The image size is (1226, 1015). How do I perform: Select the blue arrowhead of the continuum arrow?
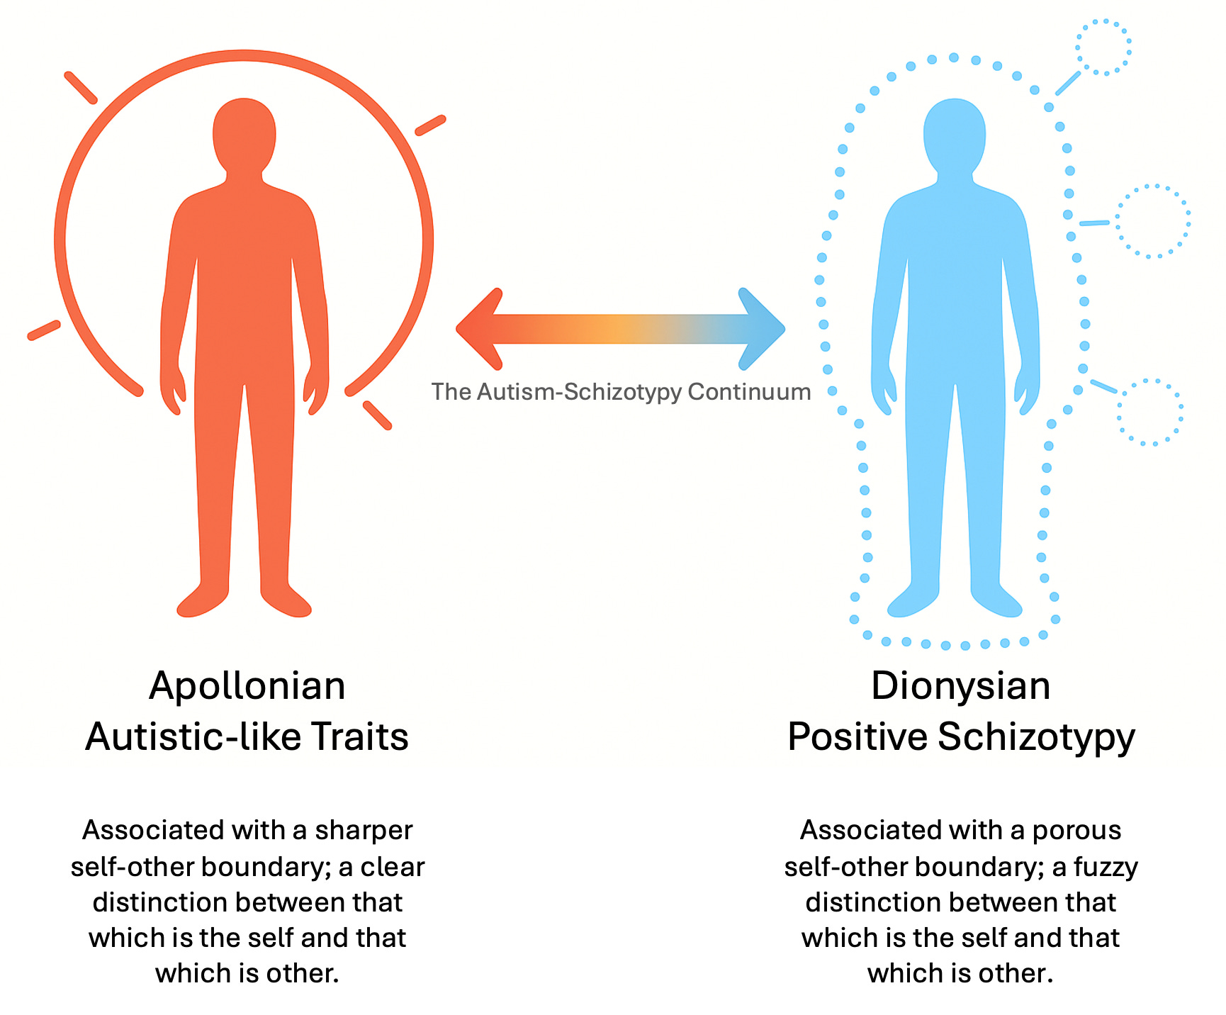click(x=761, y=329)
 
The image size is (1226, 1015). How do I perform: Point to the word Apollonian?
click(x=247, y=686)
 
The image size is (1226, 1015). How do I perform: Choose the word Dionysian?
click(x=960, y=686)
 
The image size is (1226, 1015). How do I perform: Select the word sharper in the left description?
click(x=364, y=830)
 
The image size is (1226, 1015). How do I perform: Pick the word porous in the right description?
click(x=1076, y=830)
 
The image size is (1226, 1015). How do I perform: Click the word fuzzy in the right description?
click(x=1106, y=867)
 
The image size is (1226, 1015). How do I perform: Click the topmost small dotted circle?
click(x=1103, y=47)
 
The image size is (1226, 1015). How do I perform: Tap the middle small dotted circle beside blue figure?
click(x=1153, y=221)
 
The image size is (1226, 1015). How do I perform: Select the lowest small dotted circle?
click(x=1150, y=412)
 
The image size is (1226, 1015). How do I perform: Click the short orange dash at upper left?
click(x=80, y=87)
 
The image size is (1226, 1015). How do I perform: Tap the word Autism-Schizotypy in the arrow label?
click(x=579, y=392)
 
